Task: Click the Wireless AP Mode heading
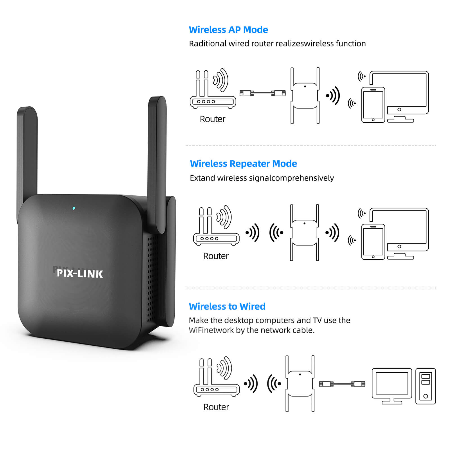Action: click(228, 30)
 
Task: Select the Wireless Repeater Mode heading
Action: click(243, 164)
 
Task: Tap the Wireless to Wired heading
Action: click(227, 306)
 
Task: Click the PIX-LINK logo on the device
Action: click(80, 274)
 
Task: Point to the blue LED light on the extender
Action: click(74, 208)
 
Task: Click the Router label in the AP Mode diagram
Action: click(212, 119)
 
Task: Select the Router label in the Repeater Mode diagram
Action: click(216, 256)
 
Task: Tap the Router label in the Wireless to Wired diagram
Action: click(216, 407)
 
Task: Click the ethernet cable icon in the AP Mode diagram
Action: click(262, 93)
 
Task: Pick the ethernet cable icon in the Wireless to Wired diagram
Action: click(342, 384)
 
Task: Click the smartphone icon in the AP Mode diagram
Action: click(373, 105)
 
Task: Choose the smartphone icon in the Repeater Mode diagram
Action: click(373, 242)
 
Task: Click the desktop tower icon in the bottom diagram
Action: click(425, 386)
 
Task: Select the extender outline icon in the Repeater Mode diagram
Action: click(305, 233)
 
